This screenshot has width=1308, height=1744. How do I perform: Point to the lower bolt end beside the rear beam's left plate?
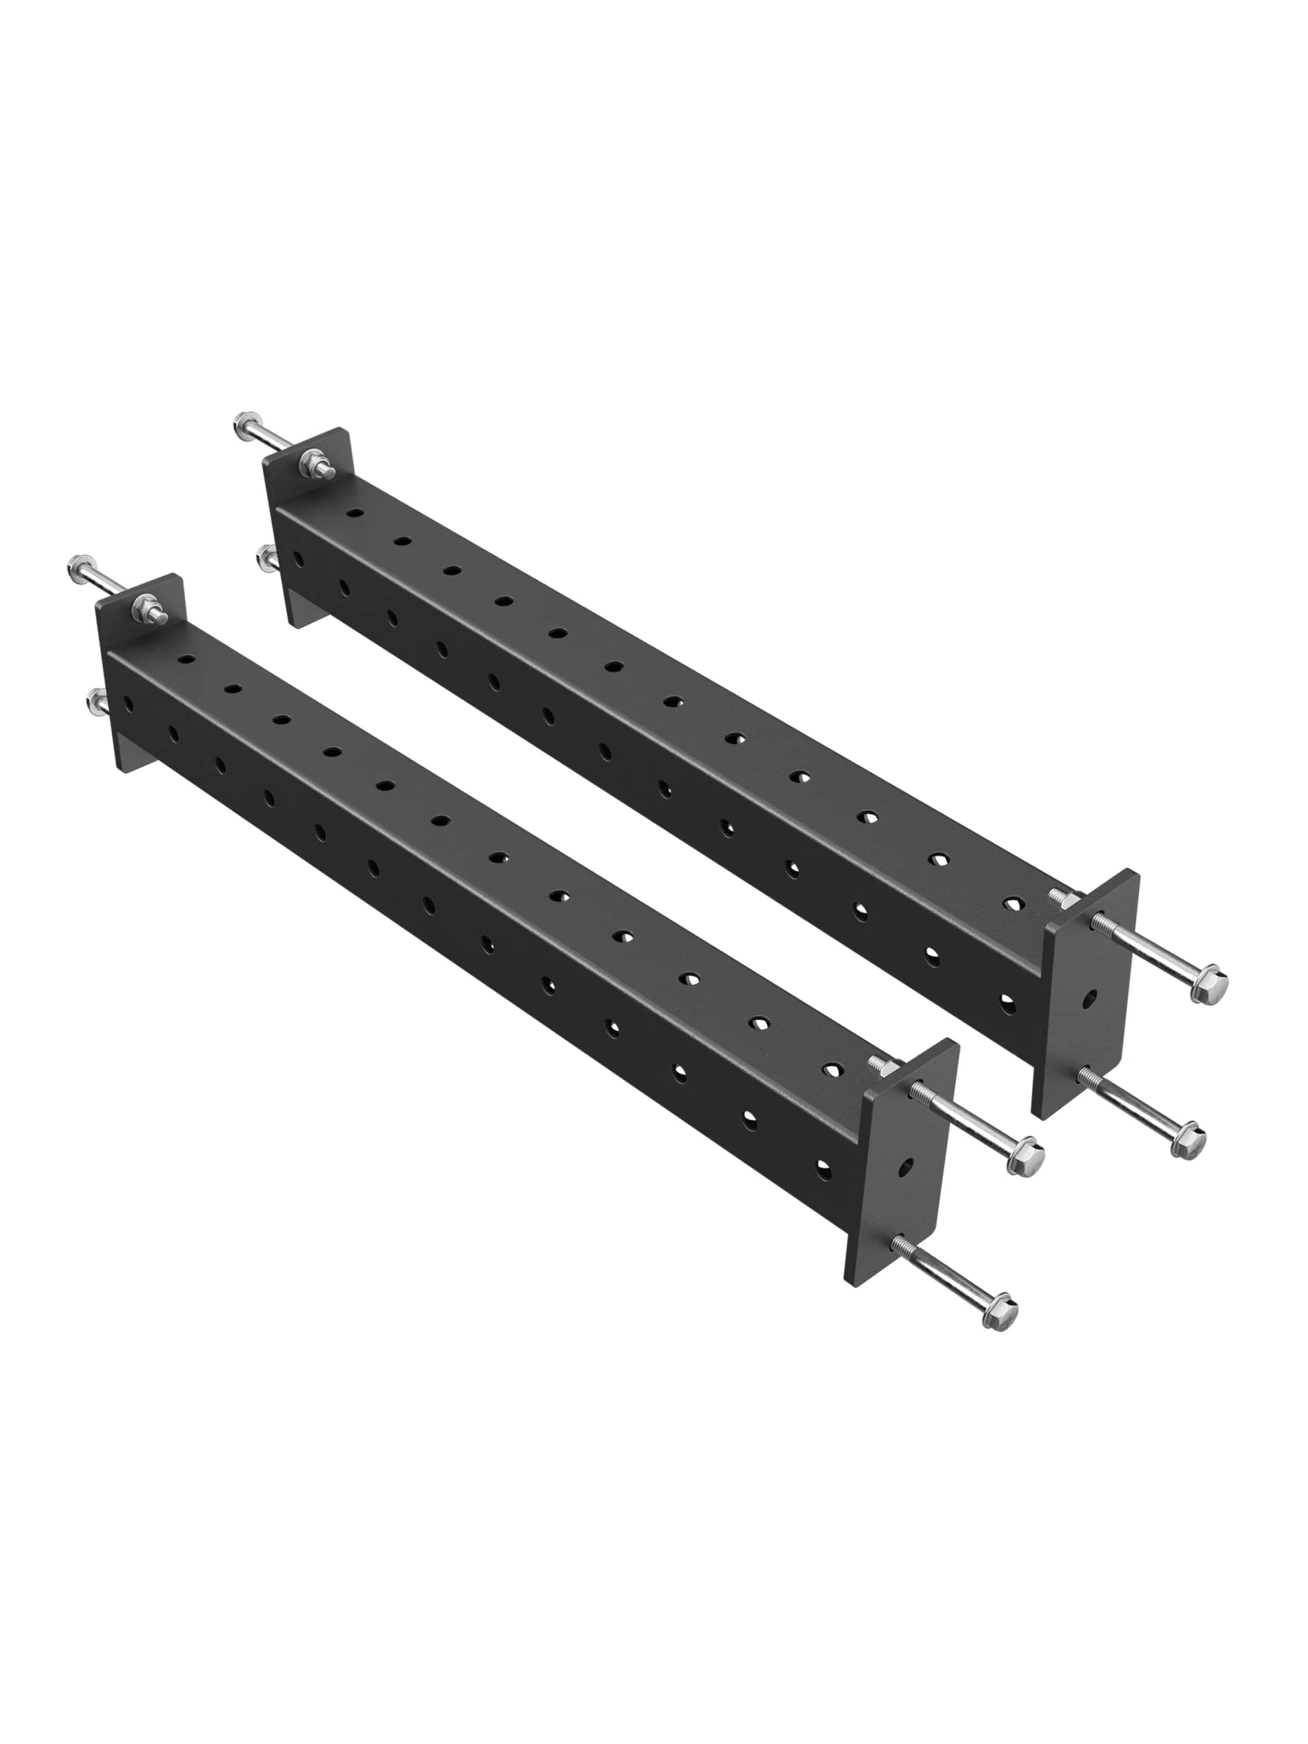[x=265, y=556]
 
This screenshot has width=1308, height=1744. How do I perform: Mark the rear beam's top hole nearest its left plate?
[x=355, y=513]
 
